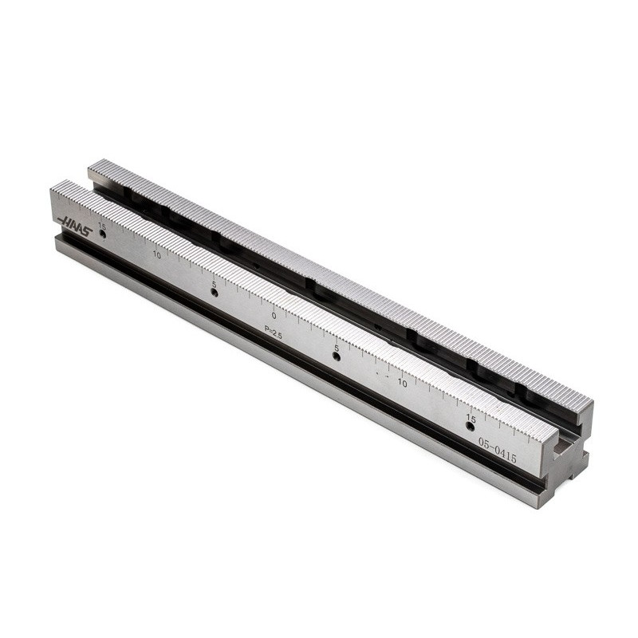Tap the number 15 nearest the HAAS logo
101,226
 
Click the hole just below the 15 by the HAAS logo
102,234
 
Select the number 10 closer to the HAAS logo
157,255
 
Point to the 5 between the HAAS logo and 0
214,284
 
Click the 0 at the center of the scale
274,315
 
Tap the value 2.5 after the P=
277,336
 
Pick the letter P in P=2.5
267,329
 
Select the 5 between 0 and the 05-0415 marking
337,349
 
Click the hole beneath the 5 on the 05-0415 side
336,356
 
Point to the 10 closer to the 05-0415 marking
402,383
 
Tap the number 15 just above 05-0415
471,418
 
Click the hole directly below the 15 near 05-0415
470,426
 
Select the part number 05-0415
497,451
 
